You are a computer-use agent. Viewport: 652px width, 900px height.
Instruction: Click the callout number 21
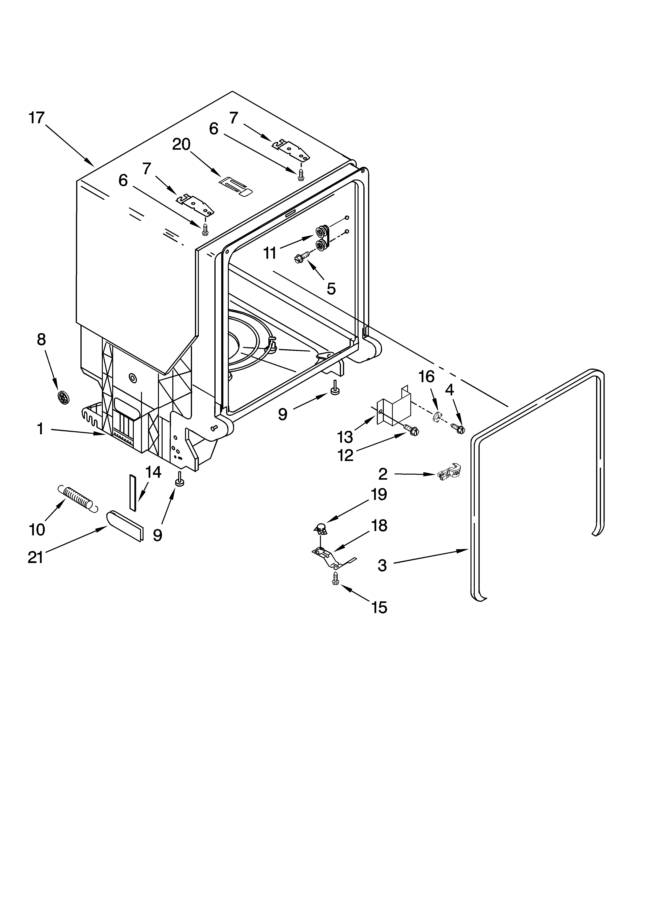tap(35, 558)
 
